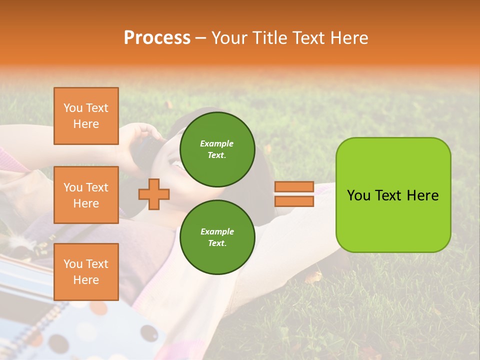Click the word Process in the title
(x=157, y=38)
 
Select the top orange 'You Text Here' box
(x=86, y=116)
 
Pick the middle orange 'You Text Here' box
(x=86, y=195)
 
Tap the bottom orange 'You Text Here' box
(x=86, y=272)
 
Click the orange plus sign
(x=154, y=194)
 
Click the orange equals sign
(x=294, y=194)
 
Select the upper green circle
(x=217, y=149)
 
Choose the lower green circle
(x=217, y=237)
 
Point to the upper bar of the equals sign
(x=294, y=187)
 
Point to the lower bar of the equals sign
(x=294, y=201)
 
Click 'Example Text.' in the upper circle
(x=217, y=149)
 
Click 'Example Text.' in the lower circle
(x=217, y=237)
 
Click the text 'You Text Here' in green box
(x=393, y=195)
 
